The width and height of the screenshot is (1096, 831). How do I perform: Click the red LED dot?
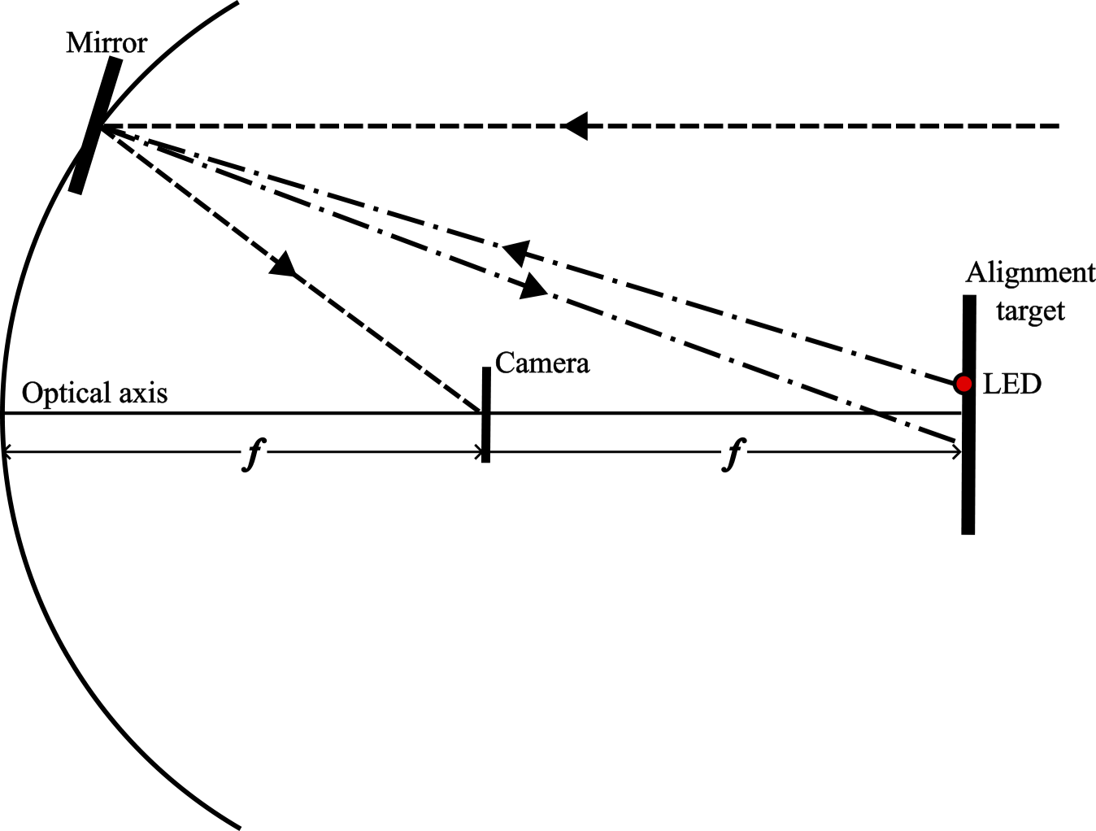(963, 384)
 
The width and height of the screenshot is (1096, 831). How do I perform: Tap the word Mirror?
(106, 42)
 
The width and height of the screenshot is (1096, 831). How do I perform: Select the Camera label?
(541, 363)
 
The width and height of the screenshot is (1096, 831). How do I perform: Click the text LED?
(1011, 384)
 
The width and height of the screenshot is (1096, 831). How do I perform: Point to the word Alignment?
(1030, 273)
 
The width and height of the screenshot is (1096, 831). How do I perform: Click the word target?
(1030, 311)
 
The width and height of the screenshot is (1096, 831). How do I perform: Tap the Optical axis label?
(94, 394)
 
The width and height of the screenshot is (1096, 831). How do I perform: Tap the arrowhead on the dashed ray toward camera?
(284, 264)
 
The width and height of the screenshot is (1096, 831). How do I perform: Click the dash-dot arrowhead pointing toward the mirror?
(515, 252)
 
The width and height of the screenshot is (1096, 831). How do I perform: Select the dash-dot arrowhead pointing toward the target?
(534, 286)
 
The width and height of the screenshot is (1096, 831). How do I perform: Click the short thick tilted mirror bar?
(96, 126)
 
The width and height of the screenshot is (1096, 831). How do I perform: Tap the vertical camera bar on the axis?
(485, 415)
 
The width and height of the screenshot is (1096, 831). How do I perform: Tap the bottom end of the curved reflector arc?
(239, 826)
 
